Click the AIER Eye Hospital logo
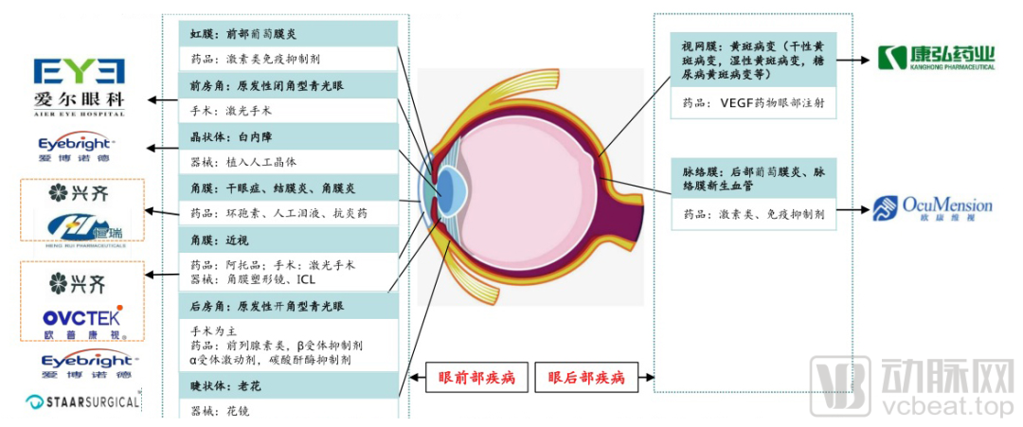tap(79, 86)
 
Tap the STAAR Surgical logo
tap(82, 402)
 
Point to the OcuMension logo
tap(933, 208)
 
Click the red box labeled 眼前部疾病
tap(476, 378)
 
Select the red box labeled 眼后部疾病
tap(586, 378)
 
